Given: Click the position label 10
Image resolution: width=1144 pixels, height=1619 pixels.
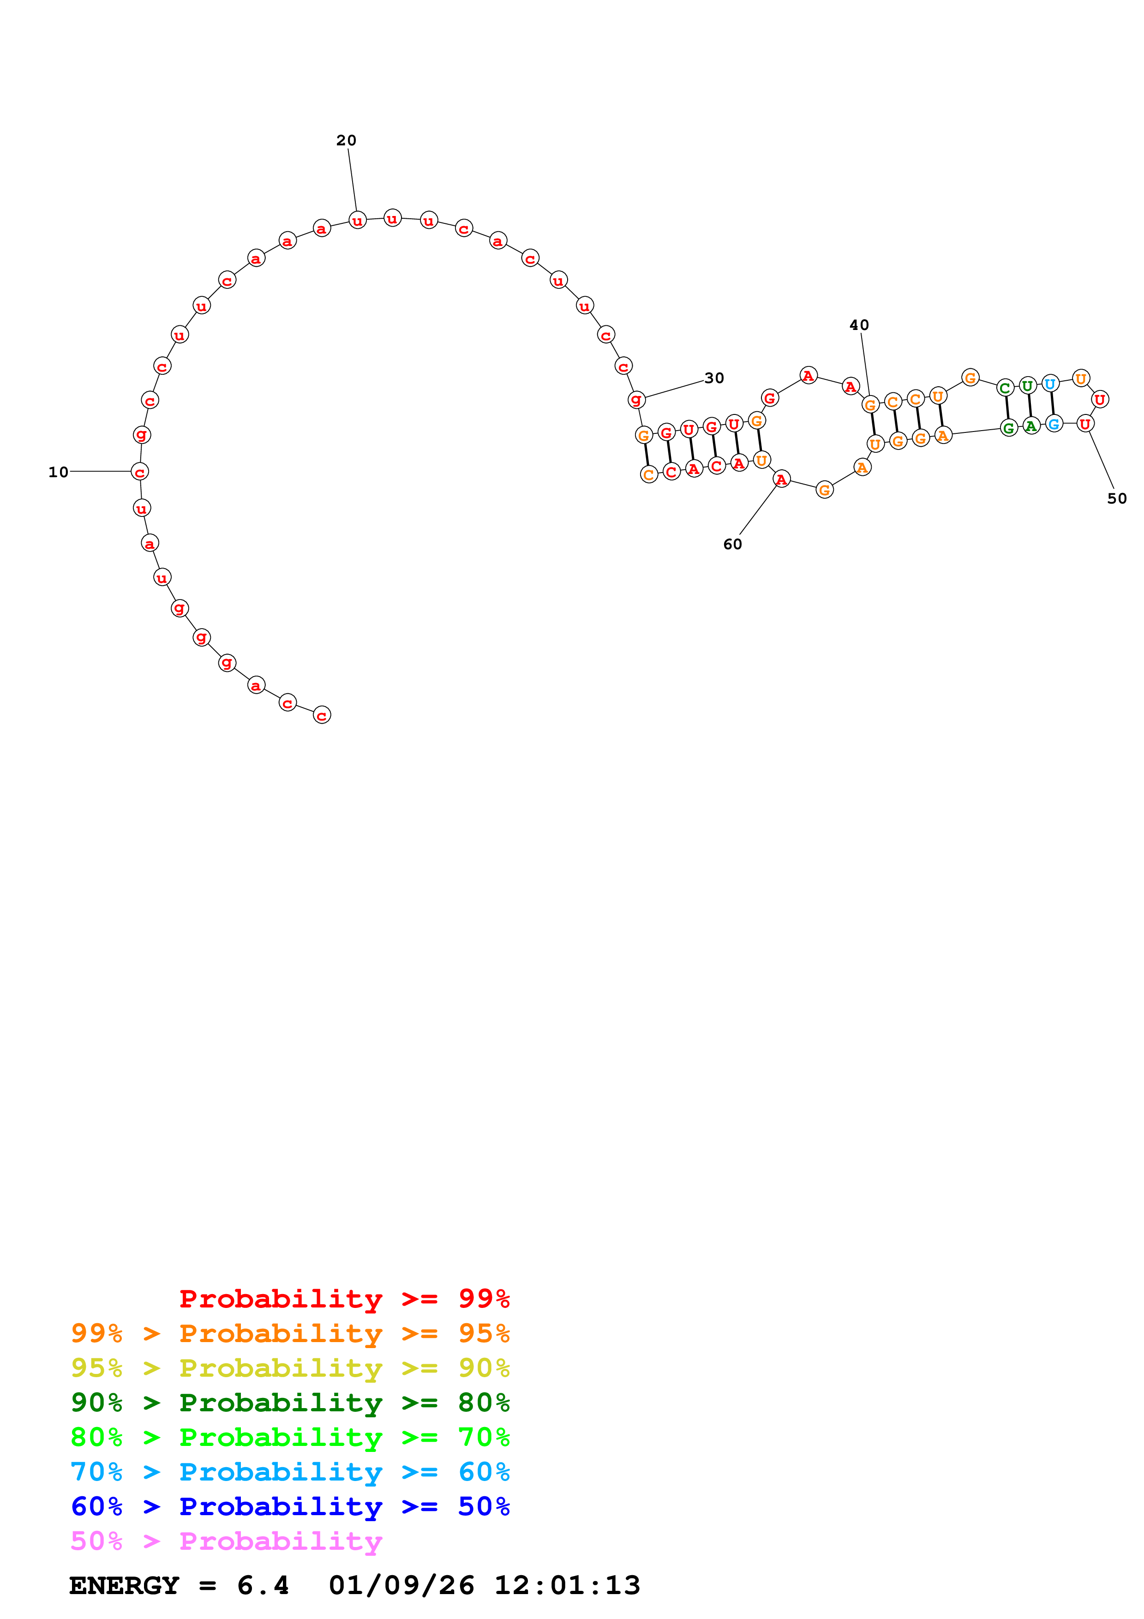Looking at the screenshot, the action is point(59,473).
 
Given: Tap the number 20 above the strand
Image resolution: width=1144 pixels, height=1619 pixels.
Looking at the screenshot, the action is point(346,140).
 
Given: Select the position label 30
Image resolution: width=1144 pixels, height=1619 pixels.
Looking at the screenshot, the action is point(714,378).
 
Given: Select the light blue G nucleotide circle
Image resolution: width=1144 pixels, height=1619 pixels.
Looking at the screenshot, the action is point(1053,424).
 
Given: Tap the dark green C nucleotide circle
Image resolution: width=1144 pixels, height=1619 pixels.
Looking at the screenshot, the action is point(1005,388).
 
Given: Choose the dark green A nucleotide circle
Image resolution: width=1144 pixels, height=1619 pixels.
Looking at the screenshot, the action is point(1030,426).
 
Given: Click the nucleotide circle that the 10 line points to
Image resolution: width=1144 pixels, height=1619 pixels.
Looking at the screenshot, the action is point(140,472).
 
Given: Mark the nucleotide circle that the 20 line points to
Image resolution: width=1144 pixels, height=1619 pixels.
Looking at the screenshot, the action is point(357,221).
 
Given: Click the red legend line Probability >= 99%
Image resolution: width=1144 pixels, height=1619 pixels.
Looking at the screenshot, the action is point(344,1298).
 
